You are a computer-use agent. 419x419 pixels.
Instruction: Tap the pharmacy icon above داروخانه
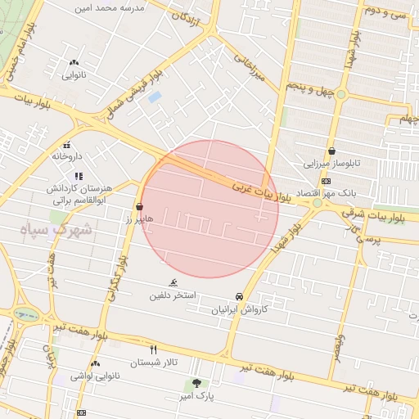78,145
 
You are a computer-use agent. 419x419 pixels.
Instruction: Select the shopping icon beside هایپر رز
140,208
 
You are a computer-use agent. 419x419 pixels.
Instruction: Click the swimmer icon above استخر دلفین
173,282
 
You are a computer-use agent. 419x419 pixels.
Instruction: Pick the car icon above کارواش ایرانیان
238,296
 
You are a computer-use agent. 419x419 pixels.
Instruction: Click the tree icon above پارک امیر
196,383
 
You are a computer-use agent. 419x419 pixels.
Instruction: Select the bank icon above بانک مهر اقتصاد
326,181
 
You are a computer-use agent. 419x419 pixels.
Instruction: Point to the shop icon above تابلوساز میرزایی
331,151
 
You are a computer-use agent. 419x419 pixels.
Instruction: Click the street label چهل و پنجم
311,85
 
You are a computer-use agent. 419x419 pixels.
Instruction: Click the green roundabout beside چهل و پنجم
341,95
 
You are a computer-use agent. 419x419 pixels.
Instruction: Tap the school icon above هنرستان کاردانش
78,176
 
